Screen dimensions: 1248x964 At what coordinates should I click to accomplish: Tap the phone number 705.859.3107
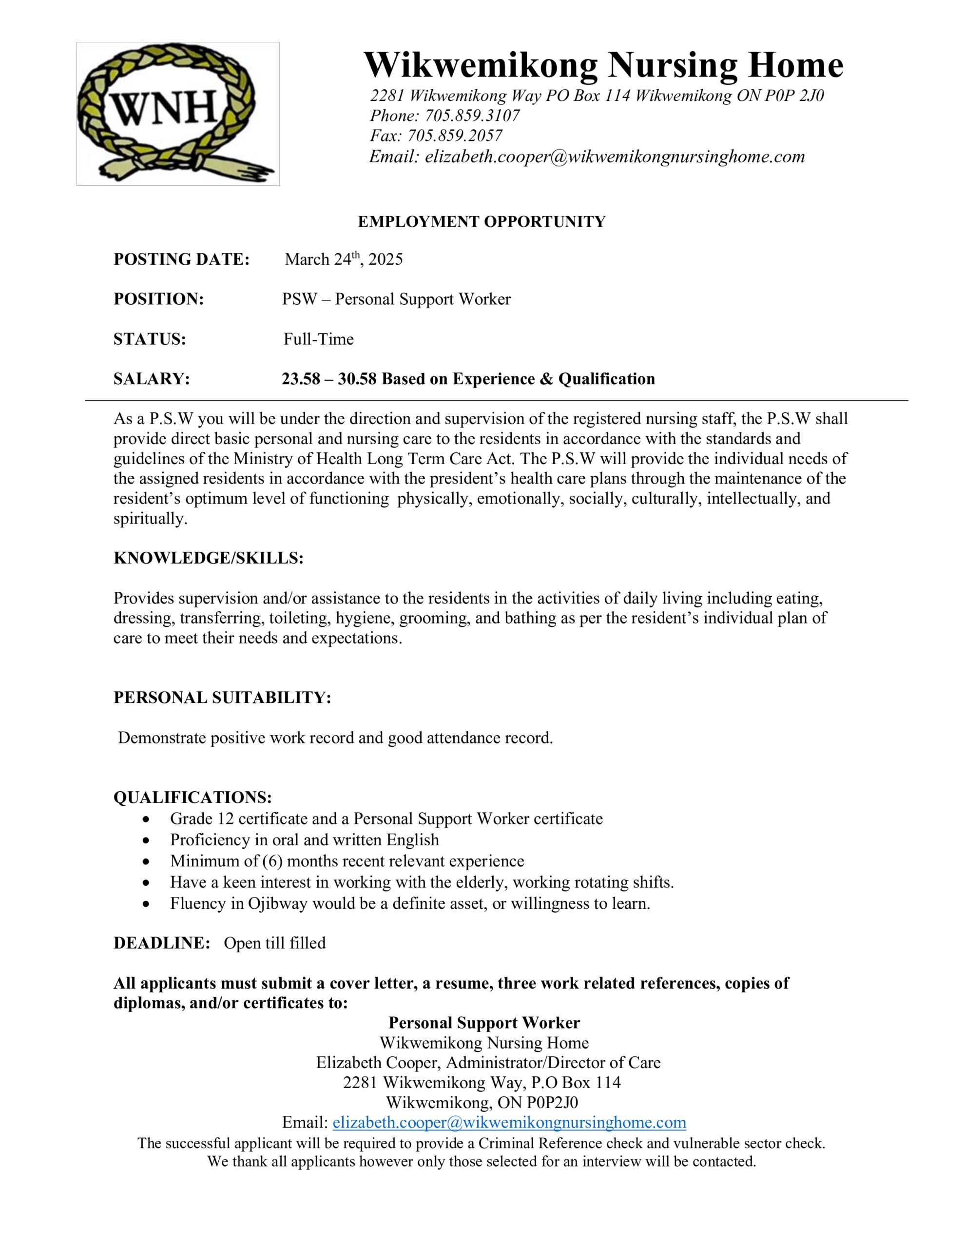pos(472,116)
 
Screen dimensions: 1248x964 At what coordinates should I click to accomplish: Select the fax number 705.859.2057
pos(454,136)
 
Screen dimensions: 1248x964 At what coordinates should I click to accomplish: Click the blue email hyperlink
pos(509,1122)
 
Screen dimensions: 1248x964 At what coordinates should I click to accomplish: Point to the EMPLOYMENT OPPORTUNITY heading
pos(481,222)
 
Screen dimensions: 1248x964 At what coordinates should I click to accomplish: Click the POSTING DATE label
pos(181,259)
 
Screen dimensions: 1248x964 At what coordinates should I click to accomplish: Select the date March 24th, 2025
pos(344,259)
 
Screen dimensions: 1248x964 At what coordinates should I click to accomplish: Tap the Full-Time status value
pos(318,339)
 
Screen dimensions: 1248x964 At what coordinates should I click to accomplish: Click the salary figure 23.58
pos(301,379)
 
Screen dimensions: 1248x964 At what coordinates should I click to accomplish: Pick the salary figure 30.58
pos(357,379)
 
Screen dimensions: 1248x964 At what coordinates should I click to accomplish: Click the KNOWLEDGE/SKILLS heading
pos(208,558)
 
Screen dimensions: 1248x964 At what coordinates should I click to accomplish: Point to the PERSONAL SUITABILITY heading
pos(222,698)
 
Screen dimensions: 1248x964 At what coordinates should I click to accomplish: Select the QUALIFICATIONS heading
pos(193,797)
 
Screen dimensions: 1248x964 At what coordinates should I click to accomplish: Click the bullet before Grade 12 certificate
pos(147,819)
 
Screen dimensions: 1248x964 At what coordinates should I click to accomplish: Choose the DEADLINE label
pos(162,943)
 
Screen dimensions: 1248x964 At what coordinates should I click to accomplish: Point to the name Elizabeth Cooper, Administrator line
pos(488,1062)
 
